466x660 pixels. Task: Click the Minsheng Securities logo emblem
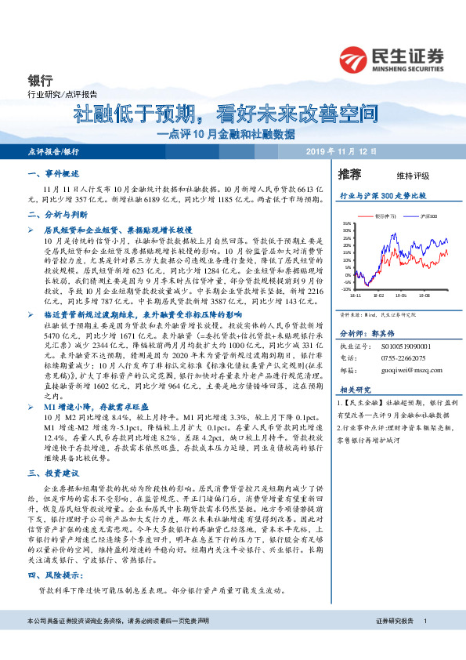[355, 59]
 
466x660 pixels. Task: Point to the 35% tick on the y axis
[345, 223]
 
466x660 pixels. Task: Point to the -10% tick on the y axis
[345, 288]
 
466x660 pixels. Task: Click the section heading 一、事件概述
[49, 174]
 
